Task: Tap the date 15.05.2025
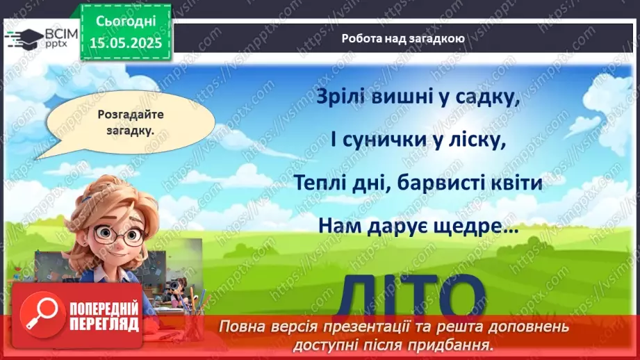125,42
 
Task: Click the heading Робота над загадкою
403,39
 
